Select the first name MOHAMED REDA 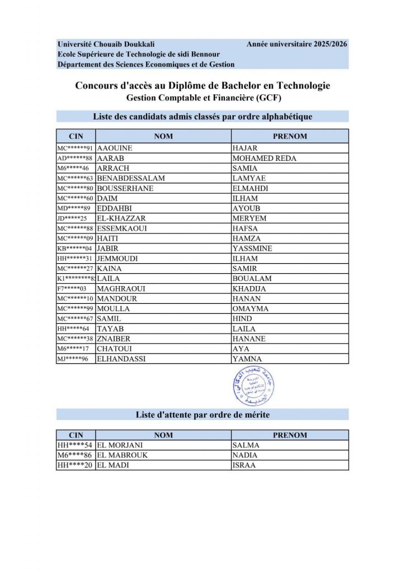point(264,158)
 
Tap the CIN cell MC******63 point(76,178)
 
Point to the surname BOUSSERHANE point(125,188)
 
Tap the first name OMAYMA point(250,309)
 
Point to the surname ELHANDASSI point(121,359)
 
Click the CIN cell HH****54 point(75,445)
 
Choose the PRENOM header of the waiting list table point(289,435)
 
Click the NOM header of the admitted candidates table point(163,136)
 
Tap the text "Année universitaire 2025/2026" point(296,44)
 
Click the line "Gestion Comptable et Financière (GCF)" point(202,98)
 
